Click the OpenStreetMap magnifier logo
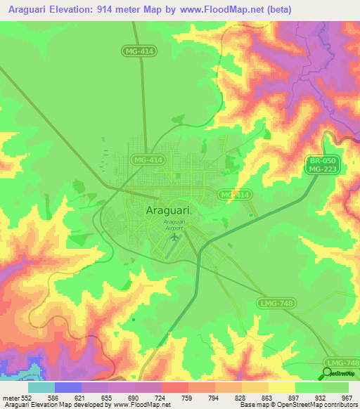pyautogui.click(x=328, y=372)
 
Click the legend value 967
pyautogui.click(x=347, y=398)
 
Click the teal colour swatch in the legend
pyautogui.click(x=41, y=387)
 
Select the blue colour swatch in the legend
pyautogui.click(x=67, y=387)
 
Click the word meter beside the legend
pyautogui.click(x=11, y=398)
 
